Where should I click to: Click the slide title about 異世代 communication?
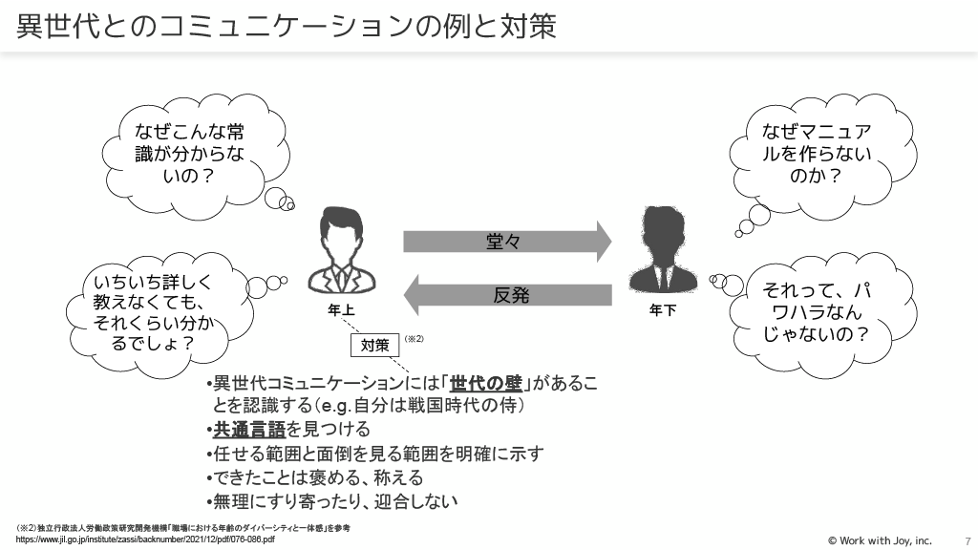(287, 26)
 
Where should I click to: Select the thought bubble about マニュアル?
(816, 154)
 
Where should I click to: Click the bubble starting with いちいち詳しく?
(153, 311)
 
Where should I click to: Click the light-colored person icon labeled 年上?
(341, 251)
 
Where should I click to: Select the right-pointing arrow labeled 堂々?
(506, 241)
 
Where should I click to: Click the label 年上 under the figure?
(341, 310)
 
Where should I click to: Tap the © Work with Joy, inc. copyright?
(879, 539)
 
